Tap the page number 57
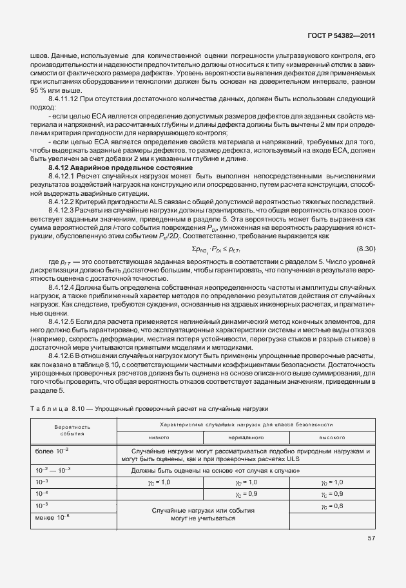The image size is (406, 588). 371,537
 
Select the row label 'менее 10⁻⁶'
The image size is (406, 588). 53,517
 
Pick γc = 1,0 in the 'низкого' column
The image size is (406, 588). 159,482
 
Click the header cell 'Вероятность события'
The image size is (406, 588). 72,430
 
